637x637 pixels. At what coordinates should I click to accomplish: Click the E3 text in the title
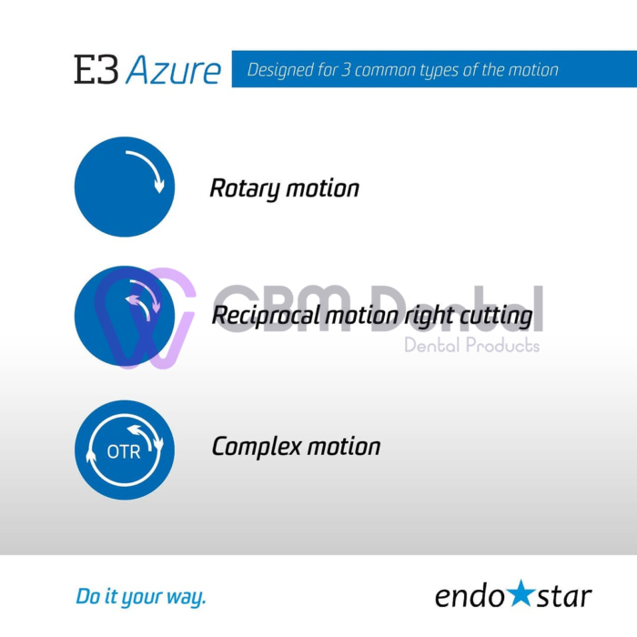coord(96,69)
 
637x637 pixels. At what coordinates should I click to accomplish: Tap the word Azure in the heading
coord(174,70)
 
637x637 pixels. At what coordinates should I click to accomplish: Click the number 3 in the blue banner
coord(346,70)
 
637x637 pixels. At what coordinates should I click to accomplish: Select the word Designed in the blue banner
coord(280,70)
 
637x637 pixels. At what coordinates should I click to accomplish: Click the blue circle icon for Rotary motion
coord(125,187)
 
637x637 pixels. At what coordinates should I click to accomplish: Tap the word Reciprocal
coord(267,316)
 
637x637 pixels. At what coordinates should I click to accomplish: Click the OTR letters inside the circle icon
coord(124,451)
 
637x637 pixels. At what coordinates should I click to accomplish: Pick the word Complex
coord(257,447)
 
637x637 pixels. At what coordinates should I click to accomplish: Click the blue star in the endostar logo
coord(521,593)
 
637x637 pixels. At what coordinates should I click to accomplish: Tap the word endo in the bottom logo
coord(470,596)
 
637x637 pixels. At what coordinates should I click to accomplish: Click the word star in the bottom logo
coord(564,596)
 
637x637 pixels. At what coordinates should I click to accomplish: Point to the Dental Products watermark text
coord(472,345)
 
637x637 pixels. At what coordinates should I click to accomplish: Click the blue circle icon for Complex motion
coord(125,450)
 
